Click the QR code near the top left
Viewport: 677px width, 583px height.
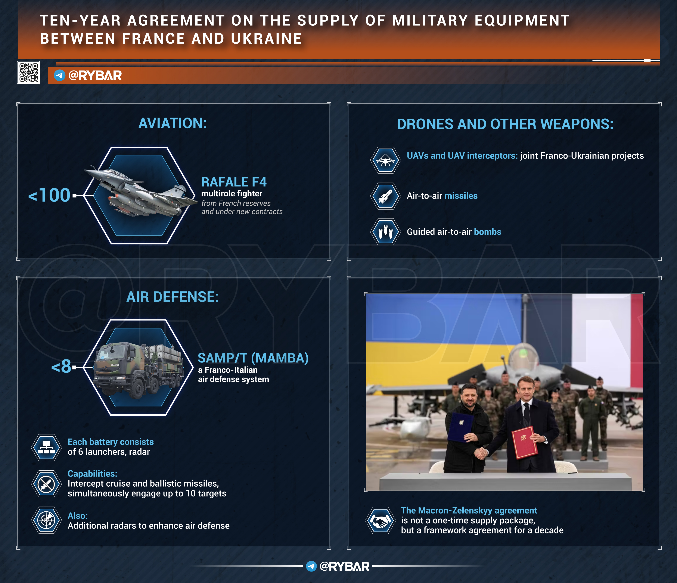coord(29,72)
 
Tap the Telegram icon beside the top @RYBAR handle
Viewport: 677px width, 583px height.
coord(59,75)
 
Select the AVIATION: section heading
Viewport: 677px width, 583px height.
coord(173,123)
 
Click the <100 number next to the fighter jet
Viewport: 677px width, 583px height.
coord(49,195)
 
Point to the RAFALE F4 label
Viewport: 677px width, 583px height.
coord(234,182)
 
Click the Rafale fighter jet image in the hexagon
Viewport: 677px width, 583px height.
coord(140,191)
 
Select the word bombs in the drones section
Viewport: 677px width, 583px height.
coord(487,232)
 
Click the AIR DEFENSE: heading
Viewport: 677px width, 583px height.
coord(173,297)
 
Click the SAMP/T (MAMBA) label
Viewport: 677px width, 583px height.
coord(253,358)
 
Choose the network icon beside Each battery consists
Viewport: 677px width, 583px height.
coord(46,448)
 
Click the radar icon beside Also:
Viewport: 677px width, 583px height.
coord(46,520)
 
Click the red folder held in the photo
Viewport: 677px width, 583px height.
coord(525,443)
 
